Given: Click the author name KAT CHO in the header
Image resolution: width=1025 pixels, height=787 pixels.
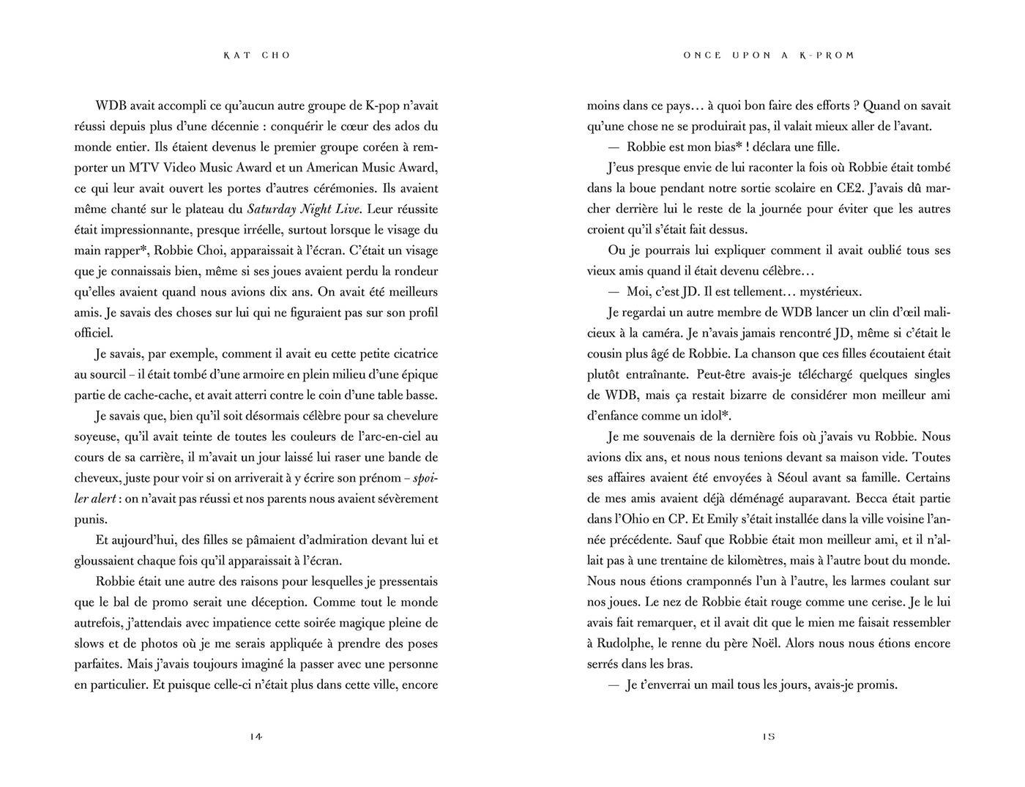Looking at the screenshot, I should click(256, 56).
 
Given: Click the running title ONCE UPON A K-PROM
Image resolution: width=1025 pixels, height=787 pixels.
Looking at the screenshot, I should click(769, 56).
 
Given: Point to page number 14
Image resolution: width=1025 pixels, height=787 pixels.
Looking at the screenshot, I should click(256, 736).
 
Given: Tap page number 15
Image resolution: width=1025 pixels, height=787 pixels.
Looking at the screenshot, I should click(769, 736).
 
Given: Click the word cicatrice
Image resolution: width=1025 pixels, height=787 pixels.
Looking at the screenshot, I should click(411, 354).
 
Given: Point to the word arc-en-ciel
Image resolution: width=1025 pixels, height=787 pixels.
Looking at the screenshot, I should click(395, 437).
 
